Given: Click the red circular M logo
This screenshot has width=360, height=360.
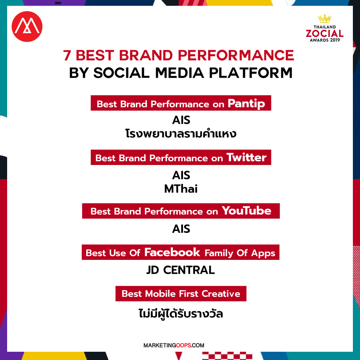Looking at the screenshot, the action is (x=27, y=27).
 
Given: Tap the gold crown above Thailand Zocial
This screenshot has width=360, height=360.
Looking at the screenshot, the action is (x=325, y=19).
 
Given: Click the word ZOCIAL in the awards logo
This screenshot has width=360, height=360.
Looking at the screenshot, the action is (x=325, y=33).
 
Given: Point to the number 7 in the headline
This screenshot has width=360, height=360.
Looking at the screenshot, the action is (x=67, y=55).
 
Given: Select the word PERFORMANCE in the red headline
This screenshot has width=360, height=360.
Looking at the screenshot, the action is (x=236, y=55).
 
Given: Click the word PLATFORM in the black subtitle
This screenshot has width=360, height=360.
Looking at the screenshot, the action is (x=250, y=73).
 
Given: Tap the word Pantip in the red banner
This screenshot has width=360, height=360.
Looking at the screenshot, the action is (x=246, y=104).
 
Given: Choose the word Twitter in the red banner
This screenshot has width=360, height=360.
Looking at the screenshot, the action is (x=246, y=157).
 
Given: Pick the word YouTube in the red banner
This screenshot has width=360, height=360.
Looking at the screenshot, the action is (x=246, y=211).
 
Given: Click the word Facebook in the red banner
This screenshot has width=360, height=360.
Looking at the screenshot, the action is (x=172, y=252).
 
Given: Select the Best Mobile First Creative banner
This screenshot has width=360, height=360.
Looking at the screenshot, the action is (x=181, y=294).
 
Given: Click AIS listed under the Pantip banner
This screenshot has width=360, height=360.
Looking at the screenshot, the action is (x=181, y=120).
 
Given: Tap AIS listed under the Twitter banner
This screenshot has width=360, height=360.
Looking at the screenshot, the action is (x=181, y=175).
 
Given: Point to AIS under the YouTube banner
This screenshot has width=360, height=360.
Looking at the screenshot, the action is (x=181, y=229).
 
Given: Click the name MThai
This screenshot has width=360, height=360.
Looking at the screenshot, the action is (x=181, y=189).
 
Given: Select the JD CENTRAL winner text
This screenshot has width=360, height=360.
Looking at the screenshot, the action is (x=181, y=270).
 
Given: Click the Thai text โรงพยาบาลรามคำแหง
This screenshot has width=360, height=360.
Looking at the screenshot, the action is (x=181, y=133).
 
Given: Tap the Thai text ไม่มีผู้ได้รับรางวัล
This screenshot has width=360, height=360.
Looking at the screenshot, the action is (x=181, y=313).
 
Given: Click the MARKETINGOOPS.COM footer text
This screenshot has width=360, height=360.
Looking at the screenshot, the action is (x=174, y=345).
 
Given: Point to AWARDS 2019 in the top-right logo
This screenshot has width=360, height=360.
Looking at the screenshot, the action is (x=325, y=40).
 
